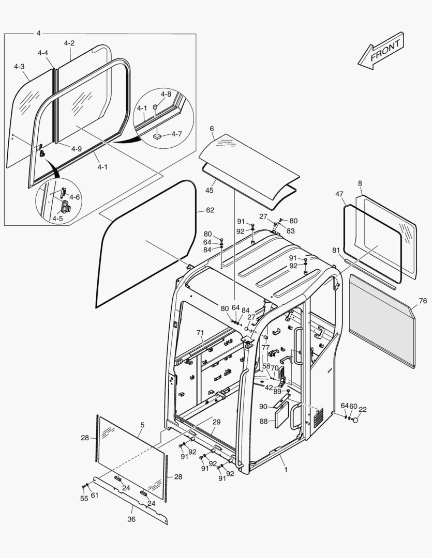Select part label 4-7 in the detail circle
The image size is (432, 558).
[x=176, y=134]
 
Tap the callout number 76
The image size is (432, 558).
[x=423, y=301]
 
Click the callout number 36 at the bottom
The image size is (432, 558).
[x=131, y=519]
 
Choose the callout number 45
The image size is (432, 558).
[x=210, y=190]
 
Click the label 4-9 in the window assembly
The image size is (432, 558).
[x=76, y=149]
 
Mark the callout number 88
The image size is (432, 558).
[x=264, y=421]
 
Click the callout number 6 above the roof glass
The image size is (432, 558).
[x=212, y=128]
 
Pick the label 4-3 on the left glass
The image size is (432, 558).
[x=19, y=67]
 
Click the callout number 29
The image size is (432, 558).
[x=216, y=422]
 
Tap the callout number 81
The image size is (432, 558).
[x=336, y=250]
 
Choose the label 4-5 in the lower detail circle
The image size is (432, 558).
[x=57, y=219]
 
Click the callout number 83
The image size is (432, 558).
[x=291, y=230]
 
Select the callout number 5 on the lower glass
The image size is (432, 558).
[x=142, y=425]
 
